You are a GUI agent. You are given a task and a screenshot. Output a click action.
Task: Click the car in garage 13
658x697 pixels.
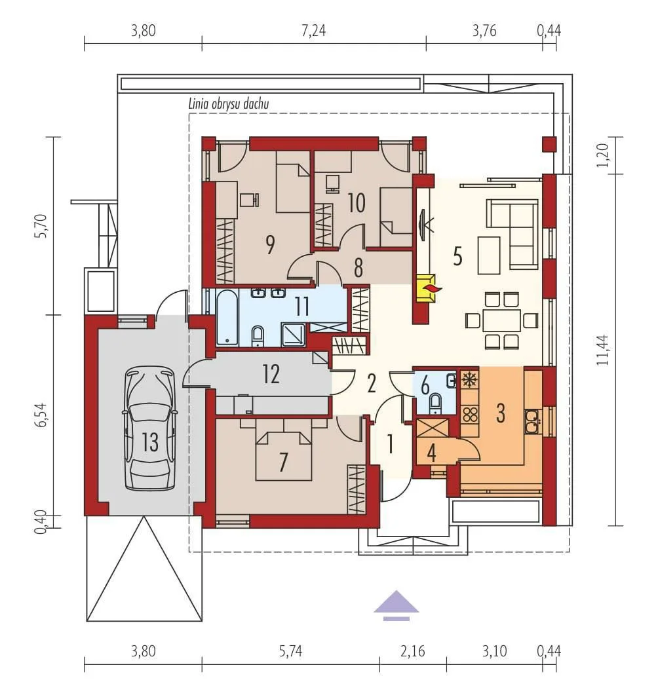tap(150, 428)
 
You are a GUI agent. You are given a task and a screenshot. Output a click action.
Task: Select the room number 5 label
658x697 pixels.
tap(457, 257)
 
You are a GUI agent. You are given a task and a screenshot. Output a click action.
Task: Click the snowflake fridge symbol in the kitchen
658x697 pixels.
tap(469, 379)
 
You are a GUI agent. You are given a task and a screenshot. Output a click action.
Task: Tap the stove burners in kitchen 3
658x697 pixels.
tap(470, 414)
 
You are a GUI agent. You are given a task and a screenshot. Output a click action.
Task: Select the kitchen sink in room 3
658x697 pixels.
tap(532, 421)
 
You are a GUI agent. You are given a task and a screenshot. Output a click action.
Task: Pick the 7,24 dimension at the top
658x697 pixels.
tap(314, 31)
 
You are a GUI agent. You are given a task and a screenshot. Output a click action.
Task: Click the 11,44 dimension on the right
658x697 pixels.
tap(602, 350)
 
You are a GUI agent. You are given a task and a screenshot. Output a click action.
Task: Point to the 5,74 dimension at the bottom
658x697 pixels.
tap(291, 651)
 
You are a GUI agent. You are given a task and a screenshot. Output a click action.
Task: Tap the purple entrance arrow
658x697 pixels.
tap(396, 605)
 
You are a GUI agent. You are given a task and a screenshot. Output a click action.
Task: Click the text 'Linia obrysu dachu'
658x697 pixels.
tap(229, 104)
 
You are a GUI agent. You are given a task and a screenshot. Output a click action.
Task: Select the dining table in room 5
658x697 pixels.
tap(501, 320)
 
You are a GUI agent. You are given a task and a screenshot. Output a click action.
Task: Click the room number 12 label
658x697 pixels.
tap(271, 374)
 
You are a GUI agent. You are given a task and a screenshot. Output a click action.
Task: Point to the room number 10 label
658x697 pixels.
tap(357, 203)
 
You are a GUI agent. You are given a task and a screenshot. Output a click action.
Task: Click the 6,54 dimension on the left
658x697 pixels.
tap(40, 415)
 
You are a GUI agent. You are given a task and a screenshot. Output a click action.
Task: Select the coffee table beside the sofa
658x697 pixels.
tap(489, 255)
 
